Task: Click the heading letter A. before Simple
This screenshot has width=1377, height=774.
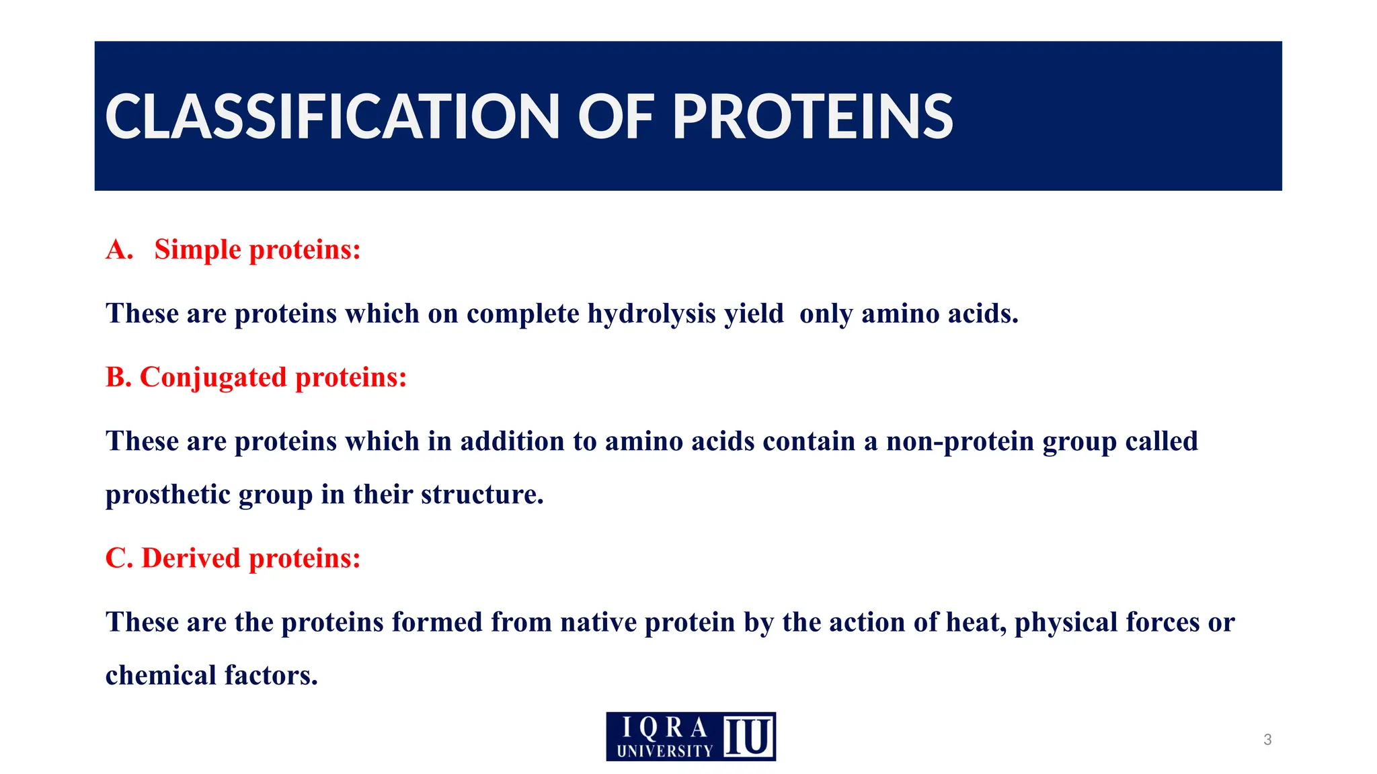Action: coord(119,250)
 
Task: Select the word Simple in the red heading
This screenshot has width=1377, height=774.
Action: coord(197,250)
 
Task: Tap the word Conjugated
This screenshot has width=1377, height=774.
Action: coord(213,378)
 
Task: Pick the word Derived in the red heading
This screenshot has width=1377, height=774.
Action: coord(191,558)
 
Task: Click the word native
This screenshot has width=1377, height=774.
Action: coord(598,622)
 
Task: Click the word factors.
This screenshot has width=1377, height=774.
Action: coord(271,676)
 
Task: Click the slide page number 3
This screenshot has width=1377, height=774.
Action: coord(1267,740)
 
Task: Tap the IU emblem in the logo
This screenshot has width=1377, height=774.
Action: coord(748,737)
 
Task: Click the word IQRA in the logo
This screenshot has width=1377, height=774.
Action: coord(664,728)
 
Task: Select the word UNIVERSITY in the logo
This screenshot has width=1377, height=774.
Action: coord(664,751)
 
